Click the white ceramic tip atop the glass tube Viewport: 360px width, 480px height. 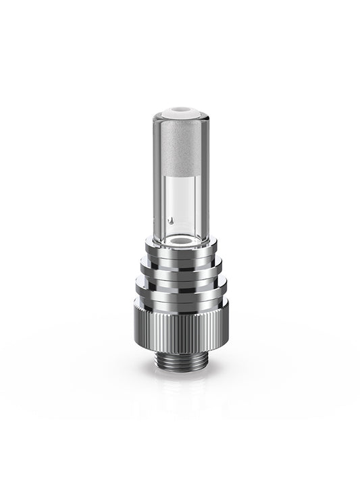pyautogui.click(x=179, y=110)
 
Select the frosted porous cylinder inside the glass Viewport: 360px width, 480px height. pyautogui.click(x=179, y=145)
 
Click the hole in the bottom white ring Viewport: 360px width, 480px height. pyautogui.click(x=179, y=240)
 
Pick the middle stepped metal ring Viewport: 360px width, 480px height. pyautogui.click(x=179, y=271)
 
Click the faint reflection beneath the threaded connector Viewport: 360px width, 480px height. pyautogui.click(x=179, y=392)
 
